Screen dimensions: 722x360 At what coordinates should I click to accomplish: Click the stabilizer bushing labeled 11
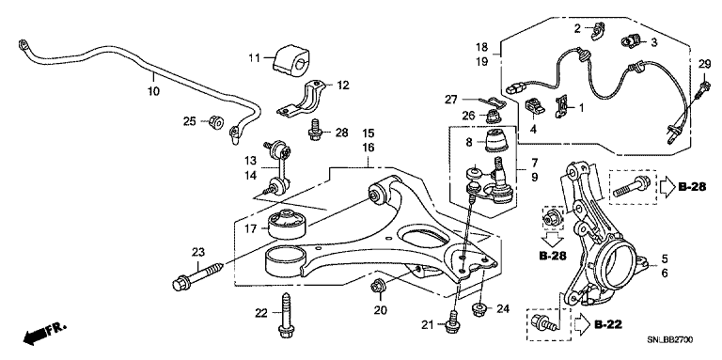click(x=290, y=59)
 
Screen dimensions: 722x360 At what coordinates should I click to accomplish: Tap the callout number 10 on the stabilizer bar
click(x=154, y=91)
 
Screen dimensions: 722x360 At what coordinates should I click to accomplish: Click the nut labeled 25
click(x=216, y=122)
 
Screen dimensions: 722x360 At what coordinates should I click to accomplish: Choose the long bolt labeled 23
click(x=198, y=275)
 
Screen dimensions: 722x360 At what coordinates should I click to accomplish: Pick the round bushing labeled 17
click(x=288, y=224)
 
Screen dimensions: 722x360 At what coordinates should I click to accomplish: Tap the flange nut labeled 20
click(x=378, y=286)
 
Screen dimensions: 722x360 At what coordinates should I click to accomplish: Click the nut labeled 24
click(x=480, y=308)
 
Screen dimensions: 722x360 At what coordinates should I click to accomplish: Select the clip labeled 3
click(x=629, y=42)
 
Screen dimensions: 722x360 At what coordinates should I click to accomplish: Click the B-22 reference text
click(x=608, y=325)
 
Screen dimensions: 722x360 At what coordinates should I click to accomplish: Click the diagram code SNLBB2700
click(x=670, y=340)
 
